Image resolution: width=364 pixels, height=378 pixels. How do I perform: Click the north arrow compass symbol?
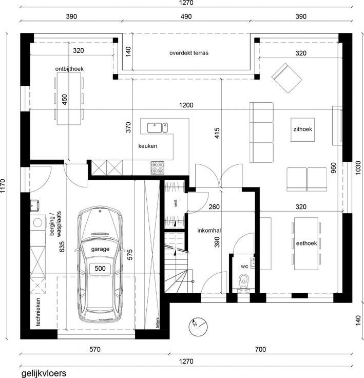tap(198, 327)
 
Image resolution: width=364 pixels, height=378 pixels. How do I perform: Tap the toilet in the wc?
tap(244, 282)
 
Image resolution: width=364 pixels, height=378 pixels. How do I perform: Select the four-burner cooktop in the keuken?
tap(158, 168)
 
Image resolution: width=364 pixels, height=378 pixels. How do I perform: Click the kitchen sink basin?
tap(155, 128)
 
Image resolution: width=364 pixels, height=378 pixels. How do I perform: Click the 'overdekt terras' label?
tap(189, 53)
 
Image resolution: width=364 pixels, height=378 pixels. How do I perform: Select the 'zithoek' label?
tap(302, 129)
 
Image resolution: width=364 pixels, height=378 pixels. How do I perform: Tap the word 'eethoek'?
tap(306, 243)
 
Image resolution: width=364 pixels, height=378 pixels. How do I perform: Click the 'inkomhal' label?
tap(209, 231)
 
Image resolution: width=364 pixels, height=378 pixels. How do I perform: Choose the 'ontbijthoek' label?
tap(69, 69)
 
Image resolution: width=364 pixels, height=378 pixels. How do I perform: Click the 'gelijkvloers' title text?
tap(44, 373)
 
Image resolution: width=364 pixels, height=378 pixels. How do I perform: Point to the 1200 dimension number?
tap(186, 105)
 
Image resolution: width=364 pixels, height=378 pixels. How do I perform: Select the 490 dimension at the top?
tap(186, 16)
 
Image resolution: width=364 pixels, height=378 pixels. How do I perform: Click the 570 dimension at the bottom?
tap(95, 349)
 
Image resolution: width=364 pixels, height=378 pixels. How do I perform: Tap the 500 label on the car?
tap(100, 268)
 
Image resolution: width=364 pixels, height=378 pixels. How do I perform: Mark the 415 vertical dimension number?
tap(217, 133)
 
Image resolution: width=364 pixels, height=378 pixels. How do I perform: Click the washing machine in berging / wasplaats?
tap(38, 222)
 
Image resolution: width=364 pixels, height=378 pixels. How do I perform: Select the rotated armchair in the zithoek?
tap(286, 78)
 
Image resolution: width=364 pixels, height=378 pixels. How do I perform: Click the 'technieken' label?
tap(38, 312)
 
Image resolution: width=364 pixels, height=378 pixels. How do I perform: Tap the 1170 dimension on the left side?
tap(3, 185)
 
